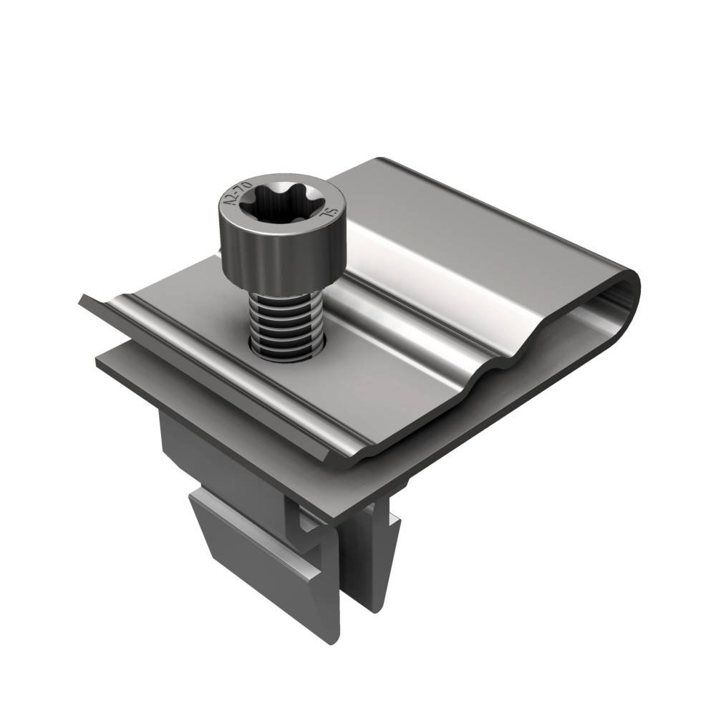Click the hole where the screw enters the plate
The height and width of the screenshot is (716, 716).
coord(286,349)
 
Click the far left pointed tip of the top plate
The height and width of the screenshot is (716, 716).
coord(81,299)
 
